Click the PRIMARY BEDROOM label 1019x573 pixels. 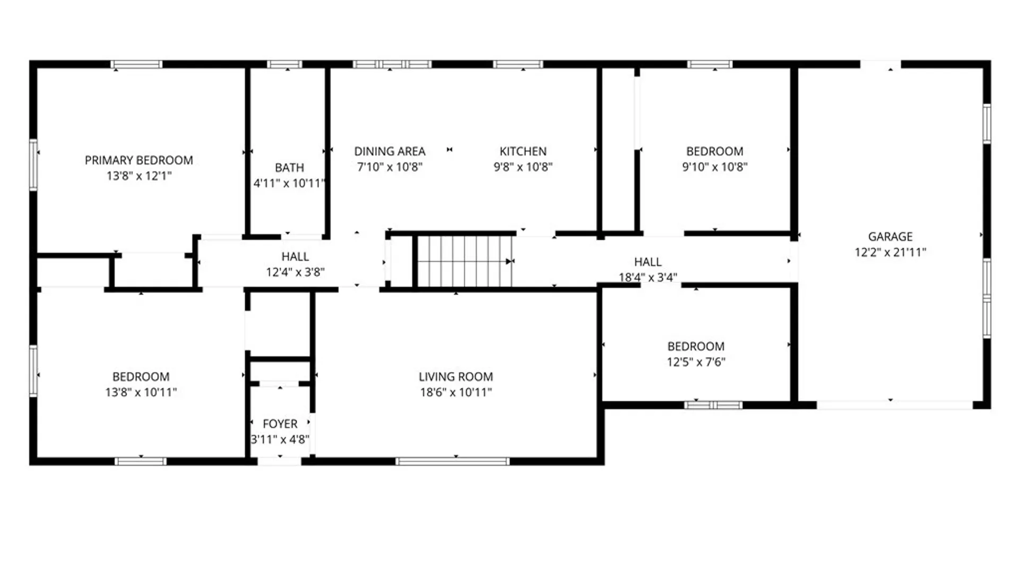(x=139, y=160)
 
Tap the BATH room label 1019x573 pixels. (x=289, y=168)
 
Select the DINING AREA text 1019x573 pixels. (x=390, y=151)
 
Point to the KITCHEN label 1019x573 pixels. (x=523, y=151)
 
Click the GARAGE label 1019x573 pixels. (x=890, y=237)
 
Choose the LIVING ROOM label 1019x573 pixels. (x=455, y=377)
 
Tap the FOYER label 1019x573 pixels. (x=280, y=424)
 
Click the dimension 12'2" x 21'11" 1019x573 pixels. (x=890, y=253)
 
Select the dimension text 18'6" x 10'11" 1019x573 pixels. (x=455, y=393)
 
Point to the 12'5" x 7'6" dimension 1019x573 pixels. (x=696, y=362)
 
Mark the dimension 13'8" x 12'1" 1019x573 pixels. (x=139, y=176)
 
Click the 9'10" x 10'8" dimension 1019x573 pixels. (x=714, y=167)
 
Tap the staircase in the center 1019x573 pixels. (x=464, y=261)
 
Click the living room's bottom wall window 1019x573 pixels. (x=452, y=462)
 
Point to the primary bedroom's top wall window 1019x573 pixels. (x=136, y=65)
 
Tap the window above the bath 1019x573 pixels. (x=284, y=65)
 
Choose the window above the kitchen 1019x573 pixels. (x=518, y=65)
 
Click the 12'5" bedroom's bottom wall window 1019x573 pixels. (x=713, y=405)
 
